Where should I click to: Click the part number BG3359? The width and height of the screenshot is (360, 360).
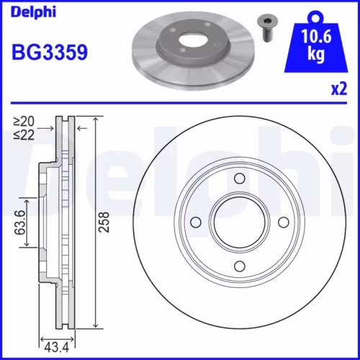[49, 53]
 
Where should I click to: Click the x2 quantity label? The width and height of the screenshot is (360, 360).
[338, 89]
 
